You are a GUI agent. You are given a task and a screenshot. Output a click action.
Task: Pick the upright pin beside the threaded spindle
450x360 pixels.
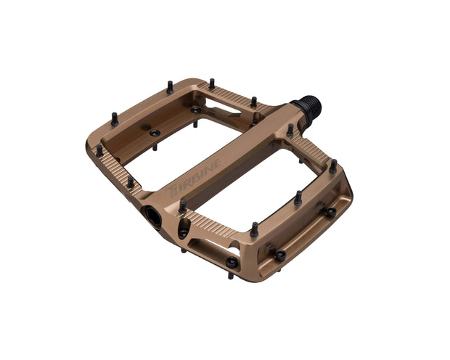[x=290, y=131]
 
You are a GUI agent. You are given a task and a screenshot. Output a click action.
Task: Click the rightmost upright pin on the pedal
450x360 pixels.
[x=332, y=166]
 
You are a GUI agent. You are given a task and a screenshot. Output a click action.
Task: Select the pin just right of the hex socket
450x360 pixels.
[x=182, y=207]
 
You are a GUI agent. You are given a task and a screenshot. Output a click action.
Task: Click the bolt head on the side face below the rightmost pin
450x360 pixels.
[x=330, y=211]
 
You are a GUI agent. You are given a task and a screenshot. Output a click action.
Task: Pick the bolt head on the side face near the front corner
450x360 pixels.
[x=279, y=254]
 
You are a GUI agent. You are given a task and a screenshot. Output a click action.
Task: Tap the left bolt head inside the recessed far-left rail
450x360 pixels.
[x=154, y=133]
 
